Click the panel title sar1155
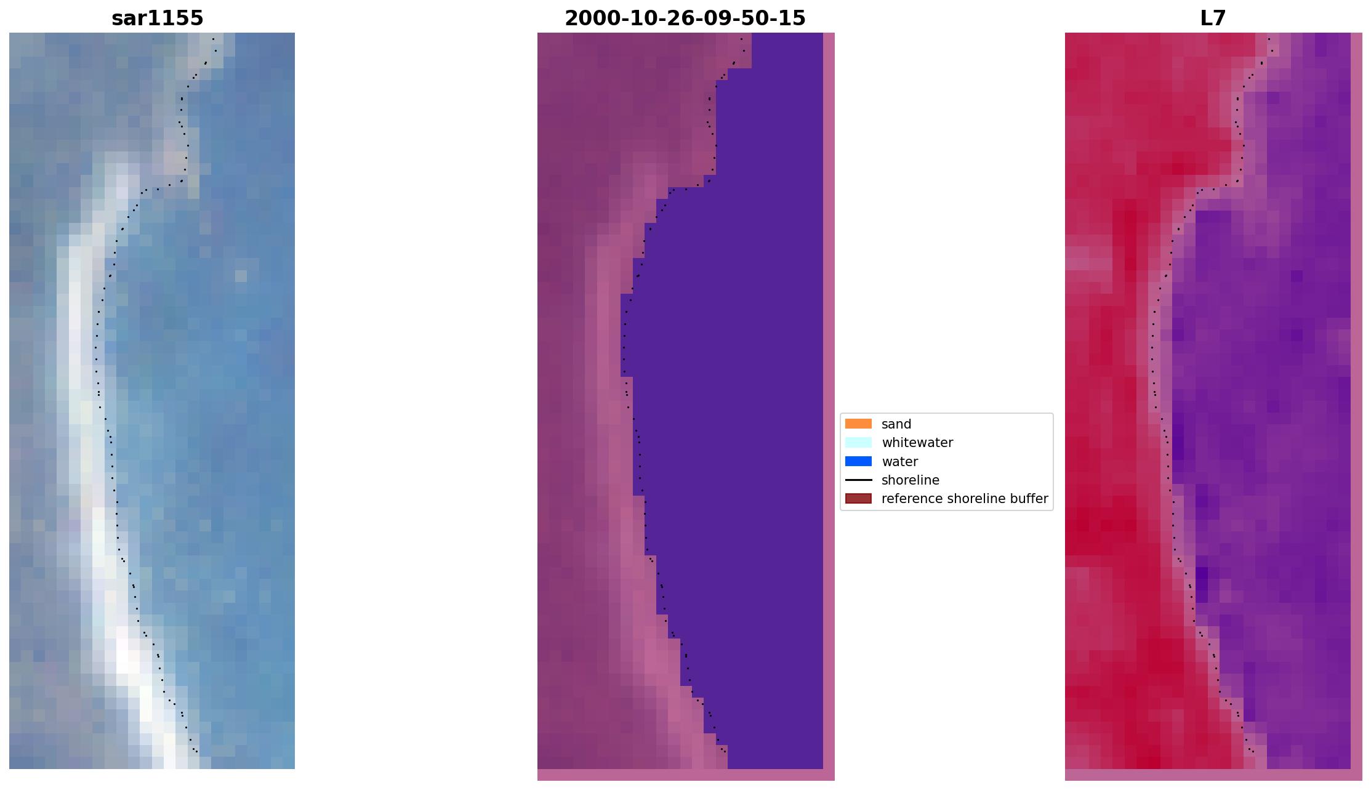tap(157, 18)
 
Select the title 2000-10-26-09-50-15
tap(685, 18)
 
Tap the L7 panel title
tap(1213, 18)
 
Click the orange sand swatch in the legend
tap(858, 424)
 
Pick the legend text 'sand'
tap(896, 424)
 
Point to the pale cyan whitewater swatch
tap(858, 442)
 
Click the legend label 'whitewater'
tap(917, 443)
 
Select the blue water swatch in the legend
tap(858, 461)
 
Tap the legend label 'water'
tap(899, 462)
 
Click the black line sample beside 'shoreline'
tap(858, 480)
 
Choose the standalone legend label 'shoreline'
tap(910, 480)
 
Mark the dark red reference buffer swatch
tap(858, 498)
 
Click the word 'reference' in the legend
tap(909, 499)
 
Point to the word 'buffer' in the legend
tap(1029, 499)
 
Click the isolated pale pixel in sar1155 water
tap(241, 276)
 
